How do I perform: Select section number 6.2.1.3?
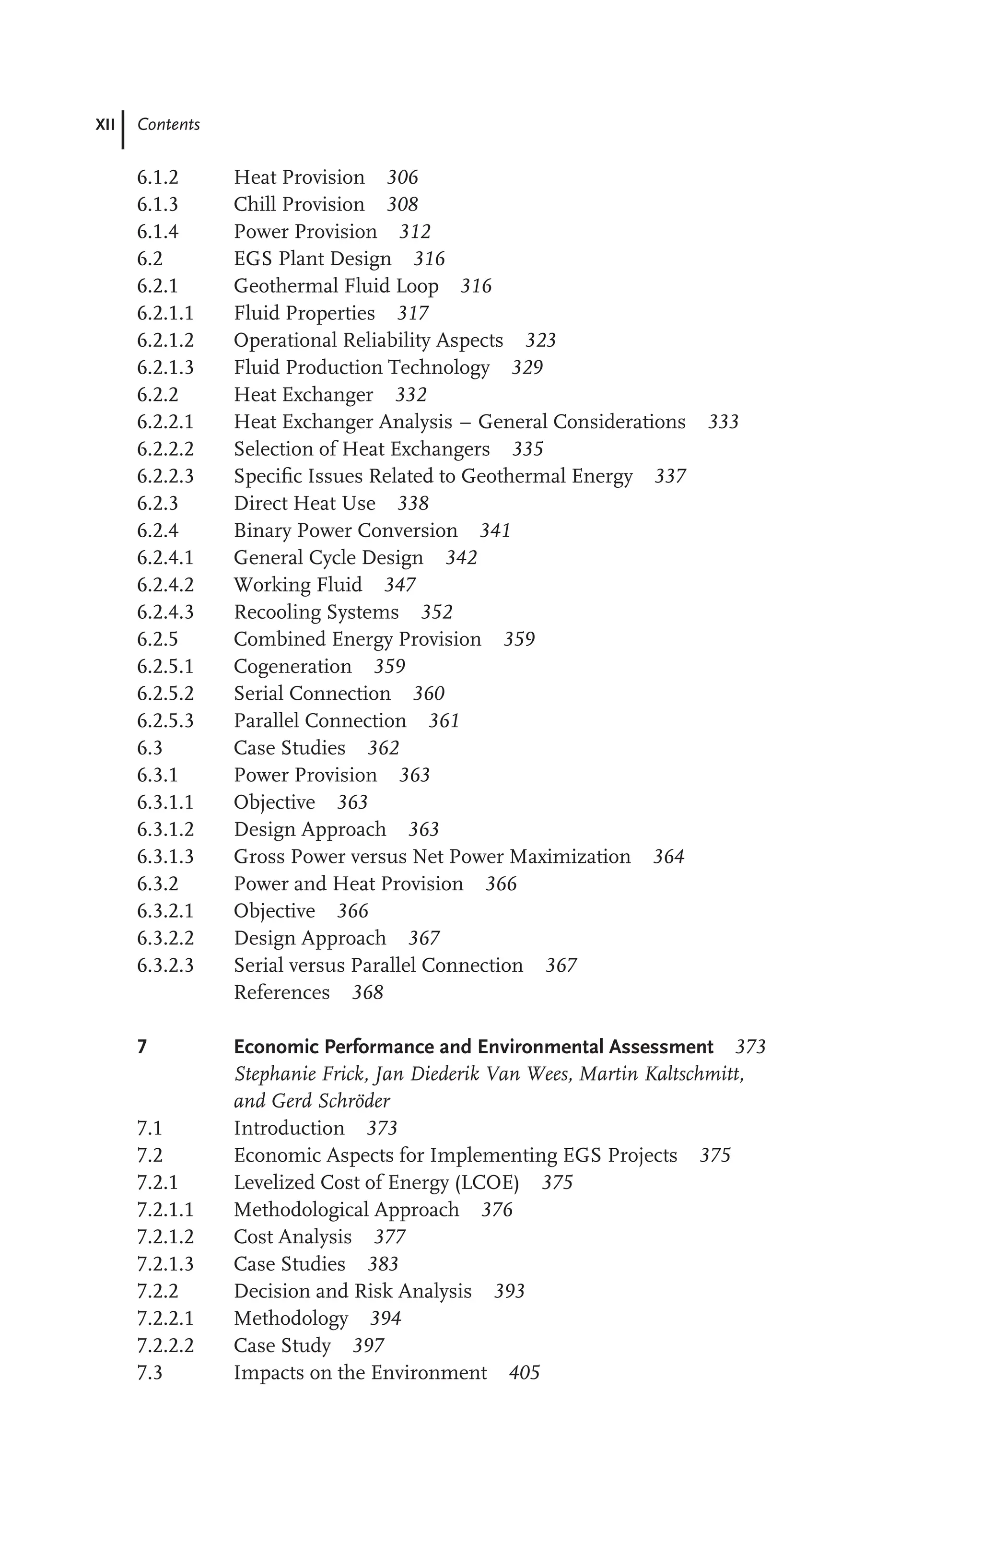[x=165, y=368]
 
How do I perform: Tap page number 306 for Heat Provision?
[x=402, y=177]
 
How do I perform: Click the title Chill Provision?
[x=299, y=204]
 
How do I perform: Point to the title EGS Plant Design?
[x=313, y=259]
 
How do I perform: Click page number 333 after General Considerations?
[x=723, y=422]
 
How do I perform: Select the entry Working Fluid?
[x=298, y=585]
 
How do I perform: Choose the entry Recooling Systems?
[x=316, y=612]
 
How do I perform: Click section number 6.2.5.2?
[x=165, y=694]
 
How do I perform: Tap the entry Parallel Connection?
[x=320, y=721]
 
